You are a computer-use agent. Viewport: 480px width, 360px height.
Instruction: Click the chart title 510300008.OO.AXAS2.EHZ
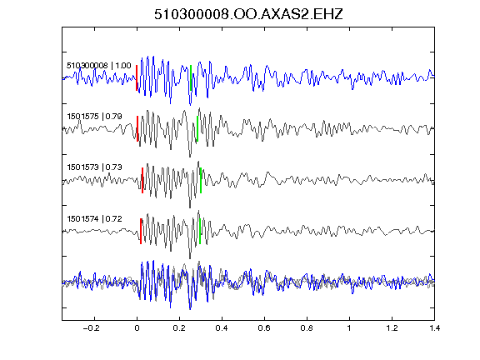coord(248,14)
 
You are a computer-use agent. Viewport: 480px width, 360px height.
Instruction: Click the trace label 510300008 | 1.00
coord(99,66)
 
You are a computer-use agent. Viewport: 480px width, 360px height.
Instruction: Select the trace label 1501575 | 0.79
coord(95,117)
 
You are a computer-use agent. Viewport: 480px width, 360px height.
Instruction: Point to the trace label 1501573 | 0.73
coord(95,167)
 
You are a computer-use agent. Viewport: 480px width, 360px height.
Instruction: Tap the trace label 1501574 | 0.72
coord(95,219)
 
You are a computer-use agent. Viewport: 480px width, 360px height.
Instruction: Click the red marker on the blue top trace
coord(137,77)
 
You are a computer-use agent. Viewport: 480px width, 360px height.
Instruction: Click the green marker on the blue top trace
coord(191,77)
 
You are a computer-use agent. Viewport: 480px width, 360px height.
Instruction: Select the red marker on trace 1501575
coord(137,128)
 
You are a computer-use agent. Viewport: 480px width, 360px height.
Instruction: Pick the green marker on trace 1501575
coord(197,128)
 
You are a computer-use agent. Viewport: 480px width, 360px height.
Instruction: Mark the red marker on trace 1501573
coord(142,180)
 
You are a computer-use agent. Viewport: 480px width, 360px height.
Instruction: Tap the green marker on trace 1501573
coord(201,180)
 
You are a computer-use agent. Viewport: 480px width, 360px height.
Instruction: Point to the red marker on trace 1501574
coord(141,231)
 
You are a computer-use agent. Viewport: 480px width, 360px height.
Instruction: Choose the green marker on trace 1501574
coord(200,231)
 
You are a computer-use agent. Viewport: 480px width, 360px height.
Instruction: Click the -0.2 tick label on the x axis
coord(92,328)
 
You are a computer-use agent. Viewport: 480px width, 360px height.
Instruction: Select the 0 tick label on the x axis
coord(137,328)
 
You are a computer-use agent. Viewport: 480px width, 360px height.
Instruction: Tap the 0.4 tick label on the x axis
coord(222,328)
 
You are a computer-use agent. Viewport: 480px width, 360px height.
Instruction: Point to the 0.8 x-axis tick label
coord(307,328)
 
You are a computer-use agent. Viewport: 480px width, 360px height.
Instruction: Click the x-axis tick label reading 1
coord(349,328)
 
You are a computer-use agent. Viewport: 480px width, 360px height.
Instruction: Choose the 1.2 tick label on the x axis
coord(392,328)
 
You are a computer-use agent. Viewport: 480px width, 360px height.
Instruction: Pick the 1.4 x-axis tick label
coord(434,328)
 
